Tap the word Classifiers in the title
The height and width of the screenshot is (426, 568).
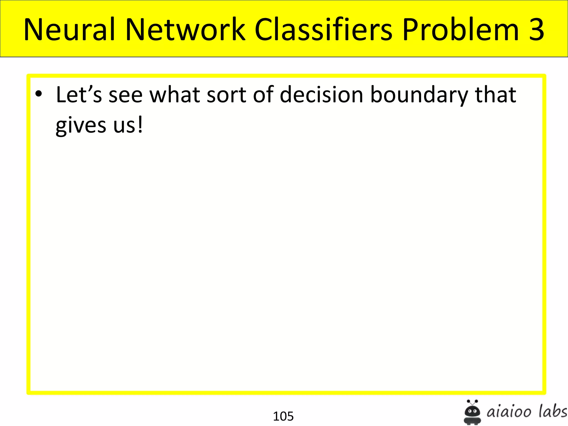(323, 29)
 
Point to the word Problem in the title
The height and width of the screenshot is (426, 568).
(460, 29)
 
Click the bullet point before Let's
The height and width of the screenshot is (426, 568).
(39, 94)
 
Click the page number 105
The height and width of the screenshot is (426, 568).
(283, 416)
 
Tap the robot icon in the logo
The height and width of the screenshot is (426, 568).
(472, 412)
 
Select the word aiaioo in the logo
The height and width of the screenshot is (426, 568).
(509, 412)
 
